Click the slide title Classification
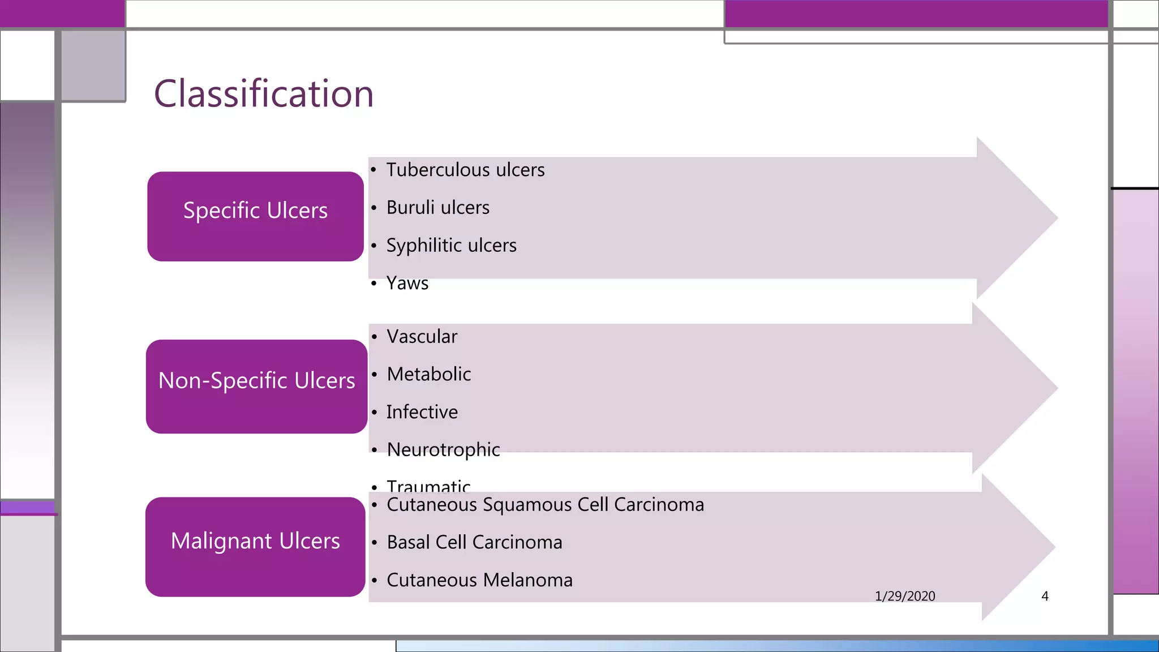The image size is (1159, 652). pyautogui.click(x=264, y=94)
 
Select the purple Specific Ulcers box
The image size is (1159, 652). pyautogui.click(x=255, y=216)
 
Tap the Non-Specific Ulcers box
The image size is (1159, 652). pyautogui.click(x=256, y=386)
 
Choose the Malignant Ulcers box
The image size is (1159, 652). pyautogui.click(x=255, y=546)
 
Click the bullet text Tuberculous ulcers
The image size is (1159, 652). pyautogui.click(x=465, y=170)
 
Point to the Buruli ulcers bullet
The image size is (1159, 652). pyautogui.click(x=437, y=208)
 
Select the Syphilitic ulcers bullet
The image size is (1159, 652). pyautogui.click(x=451, y=246)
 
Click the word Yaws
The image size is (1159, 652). pyautogui.click(x=407, y=283)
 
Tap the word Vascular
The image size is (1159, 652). pyautogui.click(x=422, y=337)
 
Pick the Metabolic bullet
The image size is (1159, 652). pyautogui.click(x=428, y=374)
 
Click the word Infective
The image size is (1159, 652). pyautogui.click(x=422, y=412)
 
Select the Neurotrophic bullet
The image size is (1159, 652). pyautogui.click(x=443, y=450)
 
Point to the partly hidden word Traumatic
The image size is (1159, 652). pyautogui.click(x=428, y=485)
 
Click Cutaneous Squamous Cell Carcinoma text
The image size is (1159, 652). pyautogui.click(x=545, y=504)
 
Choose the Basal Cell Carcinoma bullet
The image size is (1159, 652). pyautogui.click(x=474, y=542)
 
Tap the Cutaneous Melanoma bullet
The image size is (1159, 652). pyautogui.click(x=479, y=580)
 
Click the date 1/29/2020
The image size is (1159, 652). pyautogui.click(x=905, y=596)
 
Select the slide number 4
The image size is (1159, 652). pyautogui.click(x=1045, y=596)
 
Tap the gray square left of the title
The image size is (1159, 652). pyautogui.click(x=93, y=66)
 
